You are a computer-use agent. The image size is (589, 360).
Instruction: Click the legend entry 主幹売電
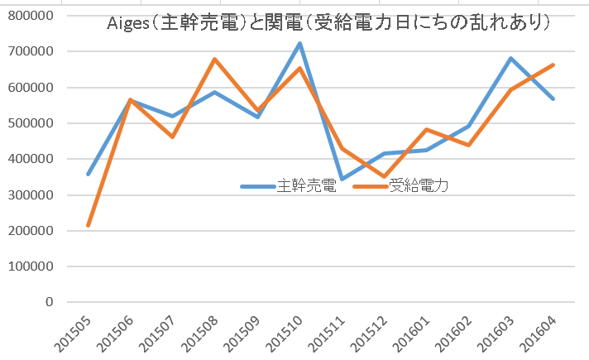click(305, 186)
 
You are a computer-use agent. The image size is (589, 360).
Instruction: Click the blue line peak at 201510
click(299, 43)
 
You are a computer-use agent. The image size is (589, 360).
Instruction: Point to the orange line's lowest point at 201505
click(89, 225)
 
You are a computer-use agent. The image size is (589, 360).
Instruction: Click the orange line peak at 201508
click(215, 60)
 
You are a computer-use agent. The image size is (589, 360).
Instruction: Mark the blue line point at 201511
click(342, 179)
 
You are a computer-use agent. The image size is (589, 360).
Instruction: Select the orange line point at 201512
click(384, 177)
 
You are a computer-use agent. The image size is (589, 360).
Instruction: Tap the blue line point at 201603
click(511, 58)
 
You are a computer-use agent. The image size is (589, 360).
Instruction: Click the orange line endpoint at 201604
click(553, 65)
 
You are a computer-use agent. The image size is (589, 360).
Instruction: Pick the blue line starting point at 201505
click(89, 174)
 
